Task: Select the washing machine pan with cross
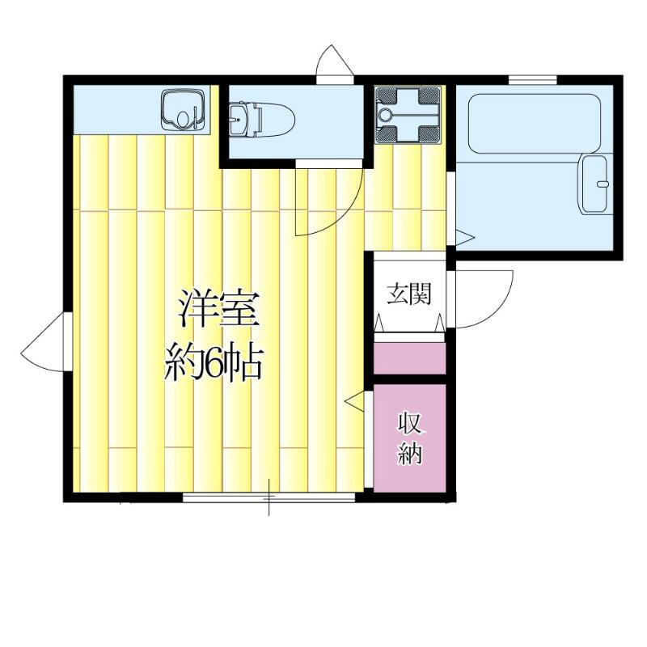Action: (408, 116)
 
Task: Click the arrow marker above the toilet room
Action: (334, 62)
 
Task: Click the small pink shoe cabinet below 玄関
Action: (409, 358)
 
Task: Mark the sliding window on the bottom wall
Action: (269, 497)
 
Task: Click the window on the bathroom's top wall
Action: (533, 79)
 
